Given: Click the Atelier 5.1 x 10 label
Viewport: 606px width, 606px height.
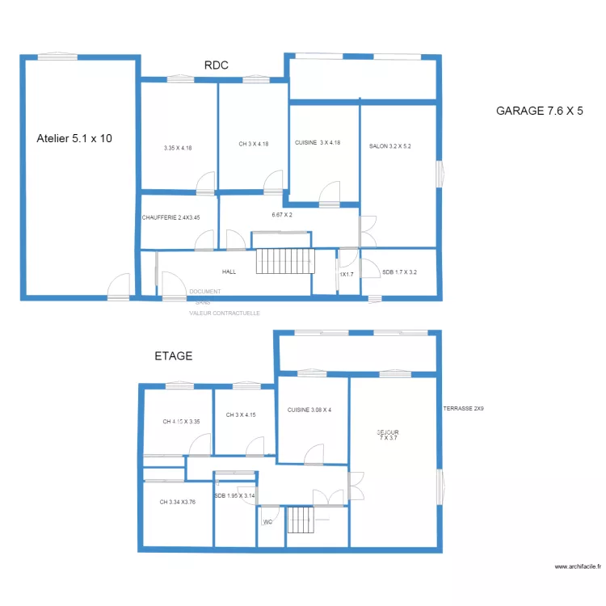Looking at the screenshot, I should (x=74, y=139).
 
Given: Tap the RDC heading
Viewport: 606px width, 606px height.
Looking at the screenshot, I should (x=217, y=66).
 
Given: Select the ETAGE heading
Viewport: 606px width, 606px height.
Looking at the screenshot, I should (x=173, y=356).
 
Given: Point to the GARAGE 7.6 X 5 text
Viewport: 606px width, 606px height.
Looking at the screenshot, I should (x=539, y=111).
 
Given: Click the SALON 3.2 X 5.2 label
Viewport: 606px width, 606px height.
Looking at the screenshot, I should (x=390, y=146).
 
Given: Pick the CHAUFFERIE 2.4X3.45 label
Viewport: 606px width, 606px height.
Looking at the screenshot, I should (x=170, y=217).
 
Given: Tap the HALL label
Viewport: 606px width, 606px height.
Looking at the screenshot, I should (x=229, y=272).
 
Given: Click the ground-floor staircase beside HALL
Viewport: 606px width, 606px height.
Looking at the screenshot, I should (x=283, y=262).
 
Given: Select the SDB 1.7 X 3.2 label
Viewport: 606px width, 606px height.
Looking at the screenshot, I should (x=399, y=272).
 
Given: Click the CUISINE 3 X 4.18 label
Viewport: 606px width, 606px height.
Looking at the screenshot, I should (x=317, y=143).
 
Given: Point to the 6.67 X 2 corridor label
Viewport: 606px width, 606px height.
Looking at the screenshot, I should (x=282, y=215).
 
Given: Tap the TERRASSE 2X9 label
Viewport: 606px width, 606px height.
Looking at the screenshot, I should (x=463, y=409).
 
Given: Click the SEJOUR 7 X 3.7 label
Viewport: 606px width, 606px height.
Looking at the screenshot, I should (x=388, y=435).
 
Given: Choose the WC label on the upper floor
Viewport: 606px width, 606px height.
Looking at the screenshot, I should (x=267, y=522).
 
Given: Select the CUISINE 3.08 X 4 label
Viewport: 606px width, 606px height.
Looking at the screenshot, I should (x=309, y=410).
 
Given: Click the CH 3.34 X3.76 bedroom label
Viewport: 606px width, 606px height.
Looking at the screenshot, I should (x=178, y=502).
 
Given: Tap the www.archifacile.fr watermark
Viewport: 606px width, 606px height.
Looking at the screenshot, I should (x=578, y=566).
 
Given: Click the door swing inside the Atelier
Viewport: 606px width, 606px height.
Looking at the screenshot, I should (x=119, y=285).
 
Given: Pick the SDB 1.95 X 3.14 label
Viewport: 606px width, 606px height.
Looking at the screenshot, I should (x=234, y=496).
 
